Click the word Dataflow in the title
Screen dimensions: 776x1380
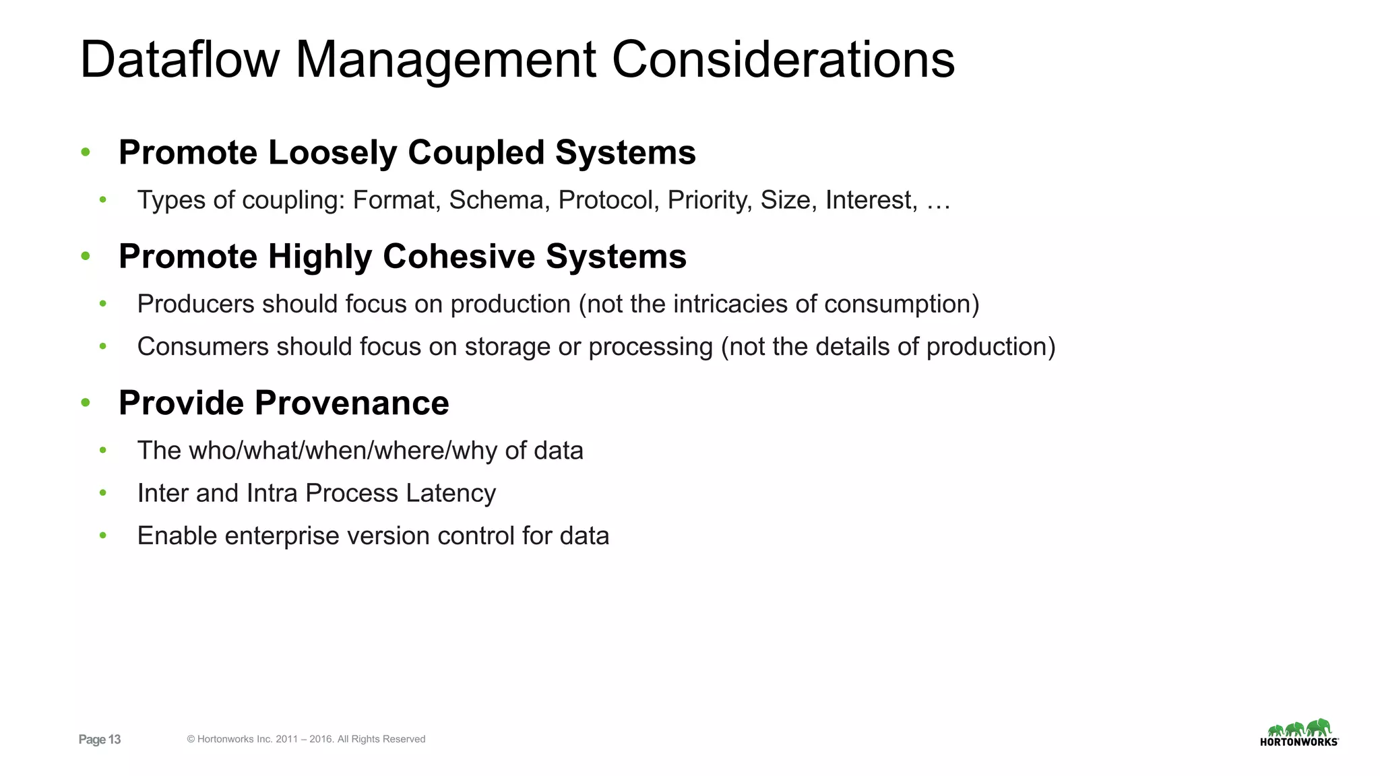179,59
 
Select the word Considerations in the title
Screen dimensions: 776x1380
783,59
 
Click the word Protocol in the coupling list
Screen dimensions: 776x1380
608,200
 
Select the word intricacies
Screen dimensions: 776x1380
730,304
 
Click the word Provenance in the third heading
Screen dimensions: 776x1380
352,403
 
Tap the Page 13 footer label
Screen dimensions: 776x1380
100,740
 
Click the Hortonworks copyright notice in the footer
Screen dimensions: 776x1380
306,739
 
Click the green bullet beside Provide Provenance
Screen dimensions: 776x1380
86,403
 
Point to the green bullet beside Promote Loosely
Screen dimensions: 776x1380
86,152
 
